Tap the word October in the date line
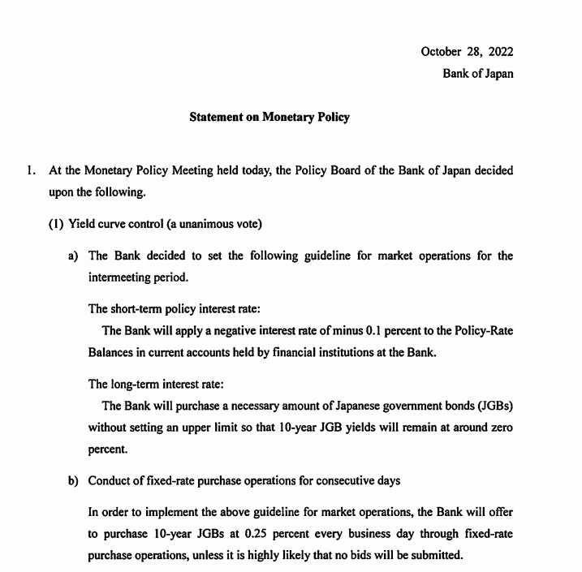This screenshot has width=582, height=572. tap(441, 52)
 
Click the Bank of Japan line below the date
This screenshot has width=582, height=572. tap(477, 74)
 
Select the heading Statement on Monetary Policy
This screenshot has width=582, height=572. tap(269, 117)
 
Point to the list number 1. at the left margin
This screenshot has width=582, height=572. tap(32, 171)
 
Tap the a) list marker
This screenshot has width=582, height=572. tap(73, 256)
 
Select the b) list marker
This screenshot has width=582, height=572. tap(73, 480)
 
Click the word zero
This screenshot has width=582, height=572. tap(499, 427)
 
